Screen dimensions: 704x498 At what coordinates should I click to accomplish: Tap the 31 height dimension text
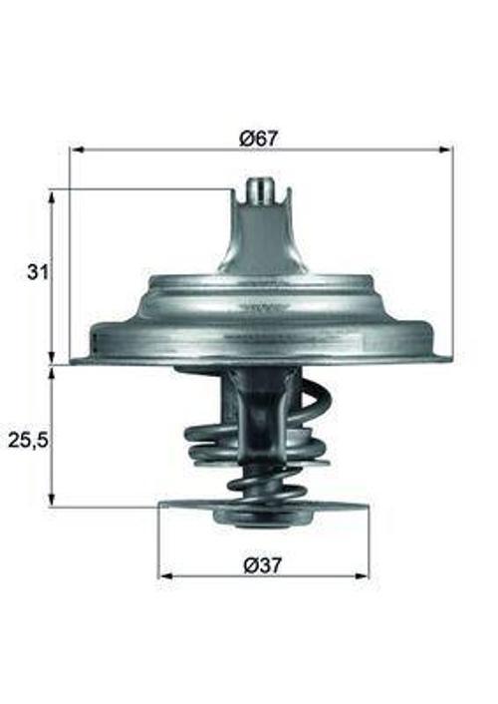pos(37,272)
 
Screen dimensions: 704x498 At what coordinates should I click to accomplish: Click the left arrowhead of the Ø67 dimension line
pos(75,150)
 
